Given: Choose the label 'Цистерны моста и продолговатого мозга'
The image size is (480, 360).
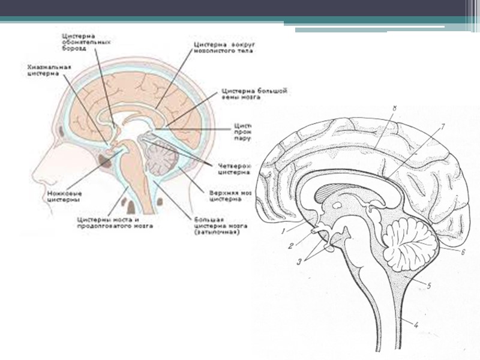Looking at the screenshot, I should [x=114, y=223].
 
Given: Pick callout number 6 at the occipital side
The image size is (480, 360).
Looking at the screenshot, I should [x=463, y=253].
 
